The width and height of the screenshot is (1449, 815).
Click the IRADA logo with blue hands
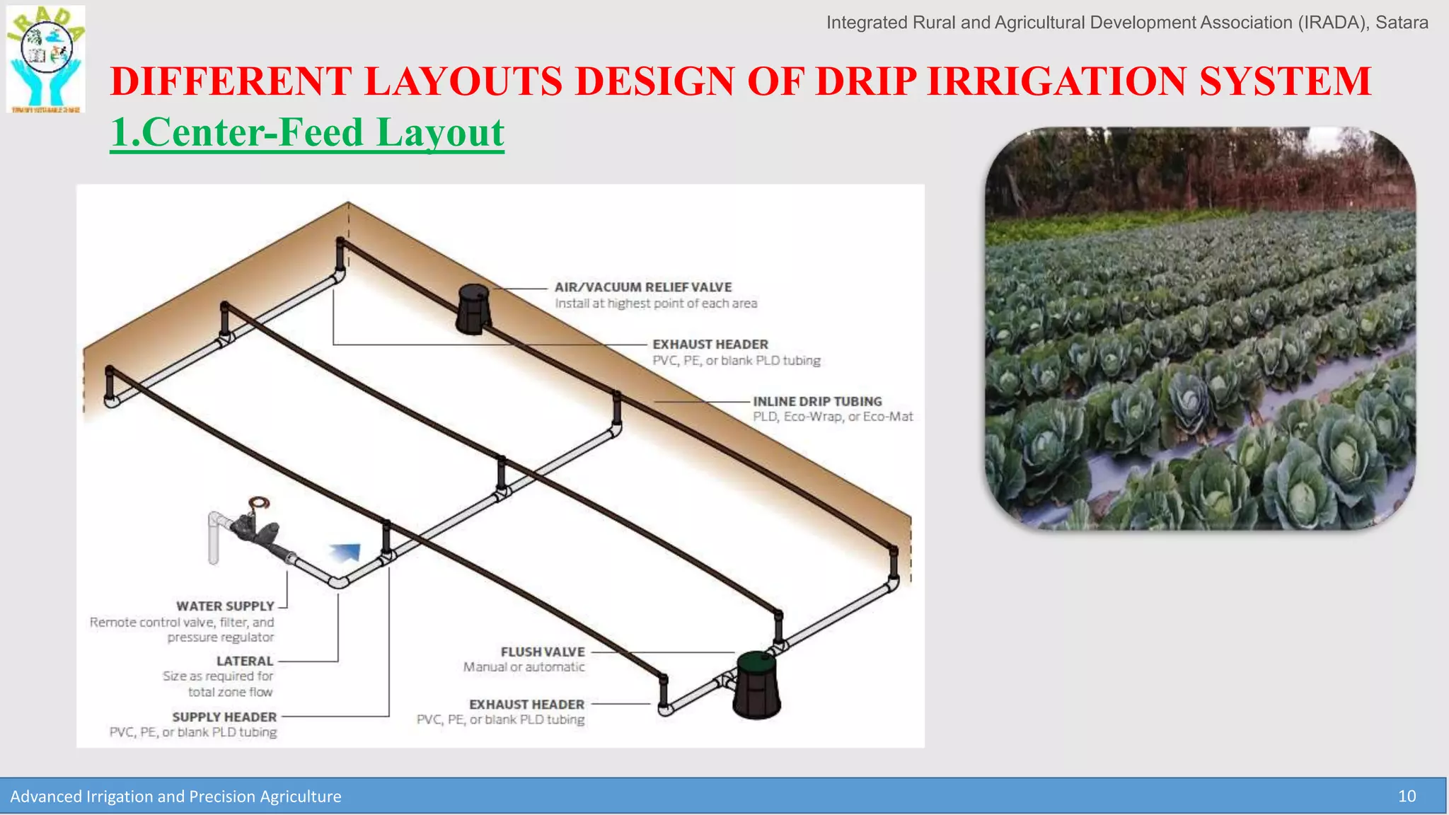pyautogui.click(x=46, y=59)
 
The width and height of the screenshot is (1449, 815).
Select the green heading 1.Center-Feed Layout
pyautogui.click(x=307, y=133)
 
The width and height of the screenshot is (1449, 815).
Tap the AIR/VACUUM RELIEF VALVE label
pyautogui.click(x=642, y=287)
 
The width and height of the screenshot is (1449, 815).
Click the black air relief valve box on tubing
pyautogui.click(x=473, y=309)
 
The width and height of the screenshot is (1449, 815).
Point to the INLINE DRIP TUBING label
pyautogui.click(x=817, y=401)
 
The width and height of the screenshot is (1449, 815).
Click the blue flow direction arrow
pyautogui.click(x=346, y=552)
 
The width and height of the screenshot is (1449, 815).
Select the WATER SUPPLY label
pyautogui.click(x=225, y=606)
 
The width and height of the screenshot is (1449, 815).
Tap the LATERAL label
pyautogui.click(x=244, y=661)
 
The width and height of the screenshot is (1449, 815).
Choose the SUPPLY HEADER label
pyautogui.click(x=224, y=717)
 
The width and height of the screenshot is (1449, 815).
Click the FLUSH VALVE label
pyautogui.click(x=543, y=652)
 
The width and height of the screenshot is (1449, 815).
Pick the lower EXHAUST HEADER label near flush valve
pyautogui.click(x=526, y=705)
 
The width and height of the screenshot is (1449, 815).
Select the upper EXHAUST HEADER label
pyautogui.click(x=710, y=345)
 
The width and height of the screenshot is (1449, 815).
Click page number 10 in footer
pyautogui.click(x=1407, y=797)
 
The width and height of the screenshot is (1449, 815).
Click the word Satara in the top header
pyautogui.click(x=1402, y=23)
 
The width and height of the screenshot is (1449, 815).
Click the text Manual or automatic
pyautogui.click(x=524, y=667)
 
